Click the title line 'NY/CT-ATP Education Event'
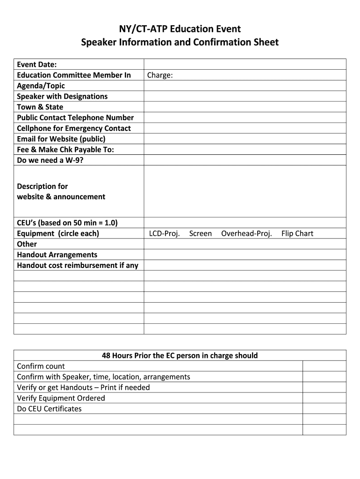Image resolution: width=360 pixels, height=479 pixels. coord(180,29)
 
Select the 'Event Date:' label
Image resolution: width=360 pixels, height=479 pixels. coord(37,64)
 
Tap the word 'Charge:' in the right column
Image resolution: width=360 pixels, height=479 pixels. coord(160,75)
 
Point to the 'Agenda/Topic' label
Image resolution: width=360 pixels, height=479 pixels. coord(41,86)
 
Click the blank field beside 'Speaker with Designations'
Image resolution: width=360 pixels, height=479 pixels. coord(245,96)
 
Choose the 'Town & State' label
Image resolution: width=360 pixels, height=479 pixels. coord(40,107)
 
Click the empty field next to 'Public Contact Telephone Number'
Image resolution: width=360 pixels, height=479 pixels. coord(245,118)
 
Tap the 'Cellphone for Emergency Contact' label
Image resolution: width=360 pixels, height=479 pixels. coord(74,128)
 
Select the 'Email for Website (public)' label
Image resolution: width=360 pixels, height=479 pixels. coord(61,139)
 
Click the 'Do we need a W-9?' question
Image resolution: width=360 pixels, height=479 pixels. coord(50,160)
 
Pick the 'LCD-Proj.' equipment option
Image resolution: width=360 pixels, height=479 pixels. coord(164,233)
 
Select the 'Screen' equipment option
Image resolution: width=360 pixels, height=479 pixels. coord(200,233)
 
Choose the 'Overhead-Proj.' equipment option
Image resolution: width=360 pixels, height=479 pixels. coord(246,233)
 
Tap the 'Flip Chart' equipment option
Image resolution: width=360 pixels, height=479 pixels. coord(297,233)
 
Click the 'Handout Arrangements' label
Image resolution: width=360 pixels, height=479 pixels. coord(57,255)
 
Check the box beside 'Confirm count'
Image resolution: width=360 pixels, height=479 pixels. coord(324,366)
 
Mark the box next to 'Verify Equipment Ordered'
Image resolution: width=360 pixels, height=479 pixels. coord(324,398)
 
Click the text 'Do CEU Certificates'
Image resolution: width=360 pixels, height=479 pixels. coord(49,409)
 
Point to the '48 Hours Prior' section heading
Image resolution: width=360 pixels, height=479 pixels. coord(180,356)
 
